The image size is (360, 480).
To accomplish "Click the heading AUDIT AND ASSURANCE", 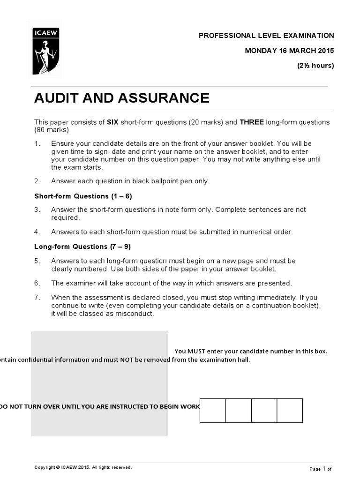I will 122,98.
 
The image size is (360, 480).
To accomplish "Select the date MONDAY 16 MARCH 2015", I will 290,51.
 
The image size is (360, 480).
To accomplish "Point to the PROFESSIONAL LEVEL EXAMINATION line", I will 266,36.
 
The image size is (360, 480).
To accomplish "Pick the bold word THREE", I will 252,122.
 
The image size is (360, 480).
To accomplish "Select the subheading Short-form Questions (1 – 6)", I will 86,196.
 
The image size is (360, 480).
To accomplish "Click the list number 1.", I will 37,143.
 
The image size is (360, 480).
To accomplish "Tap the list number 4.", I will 37,232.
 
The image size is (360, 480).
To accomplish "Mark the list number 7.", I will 37,297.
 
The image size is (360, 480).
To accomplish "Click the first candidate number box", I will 212,411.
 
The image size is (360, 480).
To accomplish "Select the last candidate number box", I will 289,411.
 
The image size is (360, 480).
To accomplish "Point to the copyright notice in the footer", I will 83,467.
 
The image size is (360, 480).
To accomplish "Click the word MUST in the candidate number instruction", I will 195,351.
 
